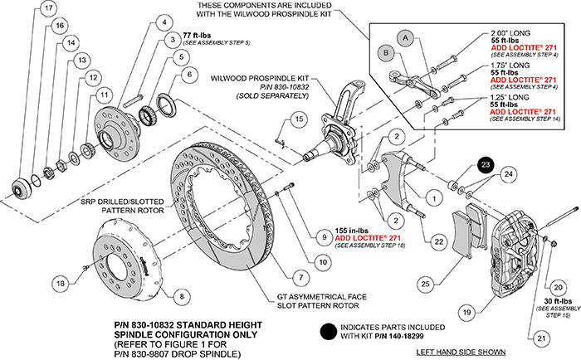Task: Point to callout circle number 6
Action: coord(189,74)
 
